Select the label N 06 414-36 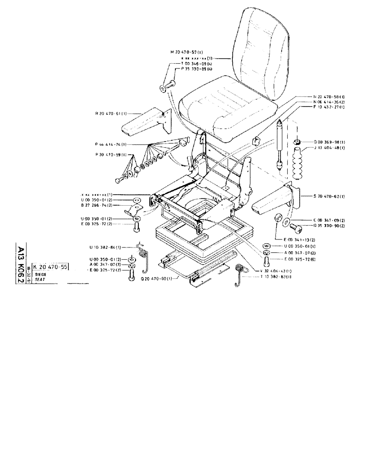329,102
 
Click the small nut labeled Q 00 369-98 297,142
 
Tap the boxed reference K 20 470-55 51,267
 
